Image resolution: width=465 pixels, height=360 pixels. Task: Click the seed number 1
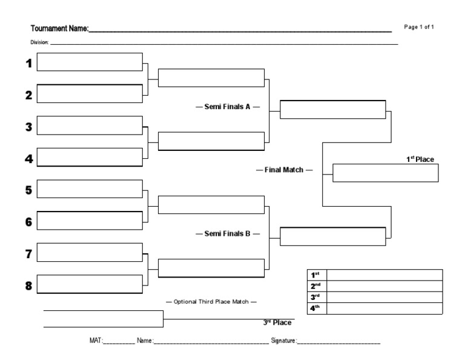[x=28, y=64]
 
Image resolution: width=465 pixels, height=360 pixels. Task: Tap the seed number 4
[x=28, y=159]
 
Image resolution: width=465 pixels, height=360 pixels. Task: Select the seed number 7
[x=28, y=254]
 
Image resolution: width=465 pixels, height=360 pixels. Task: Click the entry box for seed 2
[x=90, y=94]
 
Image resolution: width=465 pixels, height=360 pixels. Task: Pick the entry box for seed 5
[x=90, y=189]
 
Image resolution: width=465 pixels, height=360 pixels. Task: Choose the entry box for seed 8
[x=90, y=284]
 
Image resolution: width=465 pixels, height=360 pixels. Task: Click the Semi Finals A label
[x=227, y=107]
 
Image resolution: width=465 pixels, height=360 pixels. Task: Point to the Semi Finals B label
[x=227, y=233]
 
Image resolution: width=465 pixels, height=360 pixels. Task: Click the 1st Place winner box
[x=385, y=173]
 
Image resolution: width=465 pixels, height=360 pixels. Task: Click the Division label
[x=39, y=43]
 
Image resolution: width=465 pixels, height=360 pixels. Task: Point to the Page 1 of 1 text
[x=419, y=27]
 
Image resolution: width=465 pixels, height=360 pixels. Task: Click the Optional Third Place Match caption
[x=211, y=301]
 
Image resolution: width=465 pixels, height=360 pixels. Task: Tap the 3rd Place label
[x=277, y=322]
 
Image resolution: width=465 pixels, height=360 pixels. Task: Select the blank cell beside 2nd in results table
[x=384, y=286]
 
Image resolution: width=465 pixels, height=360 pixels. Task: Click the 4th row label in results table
[x=315, y=308]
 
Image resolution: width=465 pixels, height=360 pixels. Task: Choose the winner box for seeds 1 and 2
[x=211, y=79]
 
